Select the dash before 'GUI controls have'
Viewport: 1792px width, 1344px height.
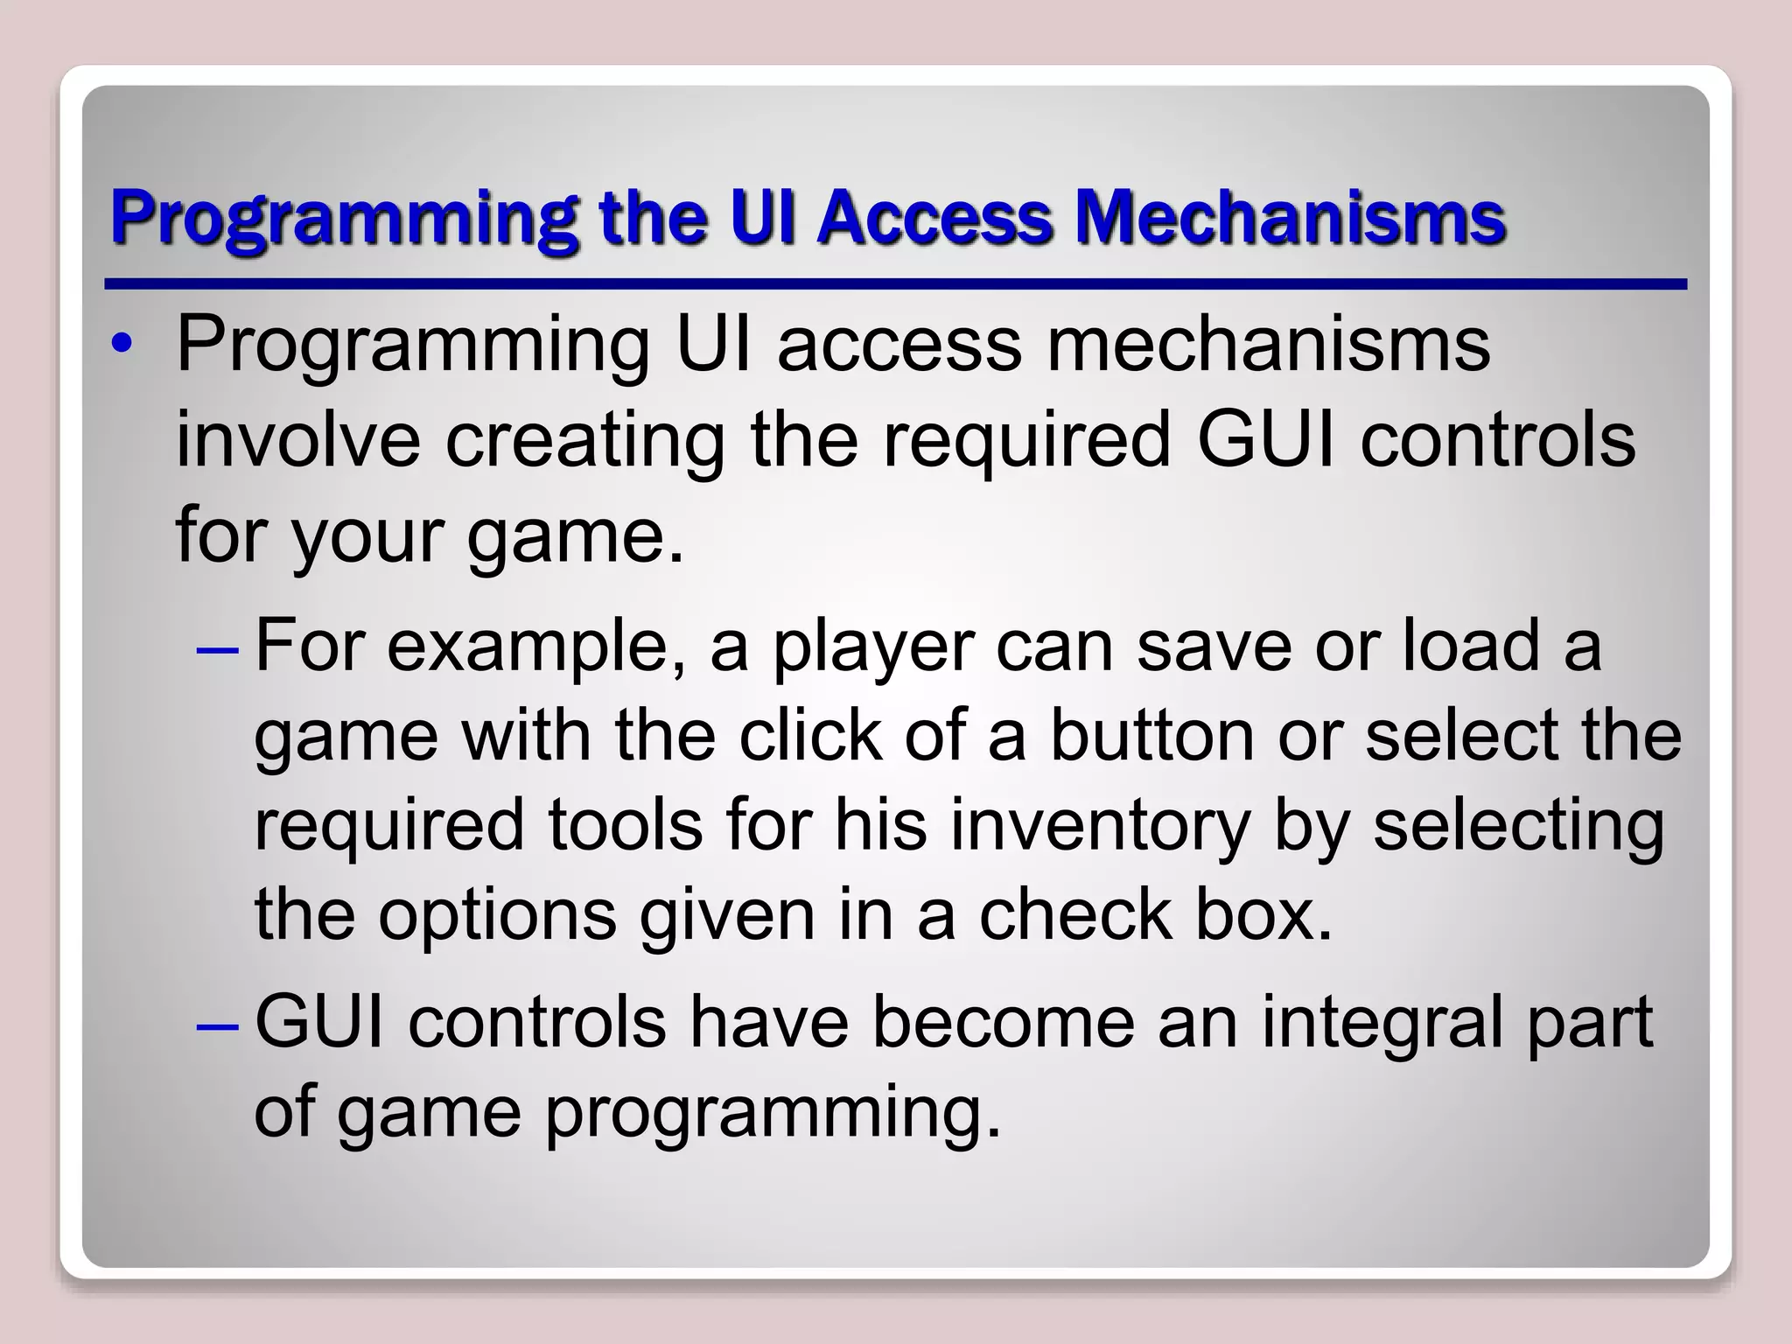point(217,1025)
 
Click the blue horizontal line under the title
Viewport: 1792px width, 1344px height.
point(894,284)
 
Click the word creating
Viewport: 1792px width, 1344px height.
point(584,441)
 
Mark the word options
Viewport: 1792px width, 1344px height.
point(497,917)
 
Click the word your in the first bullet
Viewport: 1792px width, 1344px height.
point(366,535)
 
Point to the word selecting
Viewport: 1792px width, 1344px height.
point(1518,826)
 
